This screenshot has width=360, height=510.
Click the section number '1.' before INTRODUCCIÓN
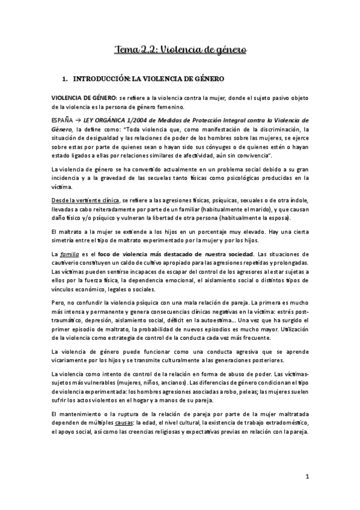74,79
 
